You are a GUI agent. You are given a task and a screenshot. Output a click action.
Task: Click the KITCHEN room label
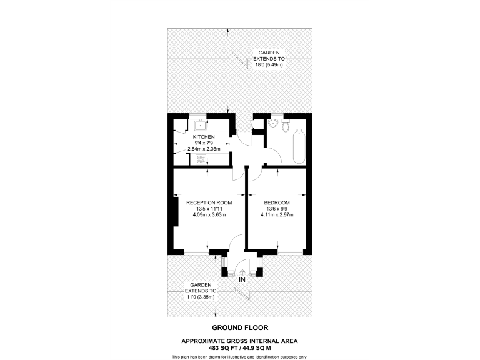204,137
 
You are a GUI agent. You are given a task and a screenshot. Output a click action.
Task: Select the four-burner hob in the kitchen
202,160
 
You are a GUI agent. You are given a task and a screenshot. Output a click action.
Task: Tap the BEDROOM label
277,202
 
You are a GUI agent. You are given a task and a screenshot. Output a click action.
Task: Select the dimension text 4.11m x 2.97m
277,215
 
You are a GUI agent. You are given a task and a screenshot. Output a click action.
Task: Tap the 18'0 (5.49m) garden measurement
269,65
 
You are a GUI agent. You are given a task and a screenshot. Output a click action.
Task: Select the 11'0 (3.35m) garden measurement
201,297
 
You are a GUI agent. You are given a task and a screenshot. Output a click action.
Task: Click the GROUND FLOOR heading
240,327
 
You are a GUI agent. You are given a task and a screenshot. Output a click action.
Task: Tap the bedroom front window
289,252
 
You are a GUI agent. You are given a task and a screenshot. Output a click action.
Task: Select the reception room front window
196,252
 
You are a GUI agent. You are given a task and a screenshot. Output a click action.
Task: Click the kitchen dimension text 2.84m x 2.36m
204,149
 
